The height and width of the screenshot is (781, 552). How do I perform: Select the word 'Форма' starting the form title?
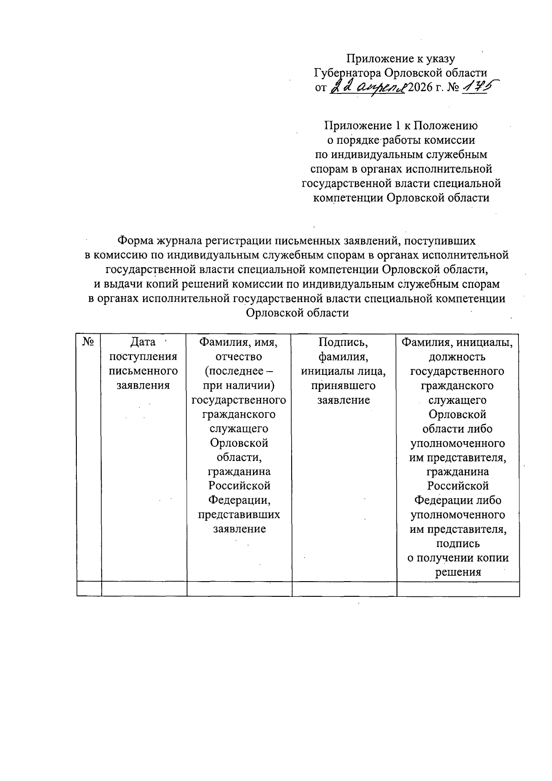click(136, 240)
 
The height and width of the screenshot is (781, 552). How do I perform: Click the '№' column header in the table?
click(89, 342)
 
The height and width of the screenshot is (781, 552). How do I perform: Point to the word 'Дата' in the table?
click(143, 342)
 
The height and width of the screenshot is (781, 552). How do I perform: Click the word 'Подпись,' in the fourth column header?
click(344, 342)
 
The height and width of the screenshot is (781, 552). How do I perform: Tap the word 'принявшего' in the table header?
click(344, 385)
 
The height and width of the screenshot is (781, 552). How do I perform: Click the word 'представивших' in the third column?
click(239, 514)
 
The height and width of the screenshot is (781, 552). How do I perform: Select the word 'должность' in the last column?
click(457, 356)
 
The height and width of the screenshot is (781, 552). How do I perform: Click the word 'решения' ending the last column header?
click(458, 572)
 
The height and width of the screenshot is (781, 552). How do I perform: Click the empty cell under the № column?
click(89, 589)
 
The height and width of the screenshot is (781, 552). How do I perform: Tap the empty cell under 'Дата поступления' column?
click(144, 589)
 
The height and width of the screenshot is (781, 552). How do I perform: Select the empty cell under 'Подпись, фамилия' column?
click(344, 589)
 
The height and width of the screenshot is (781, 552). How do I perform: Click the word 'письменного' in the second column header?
click(144, 371)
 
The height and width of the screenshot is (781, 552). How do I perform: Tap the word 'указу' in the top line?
click(441, 58)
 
